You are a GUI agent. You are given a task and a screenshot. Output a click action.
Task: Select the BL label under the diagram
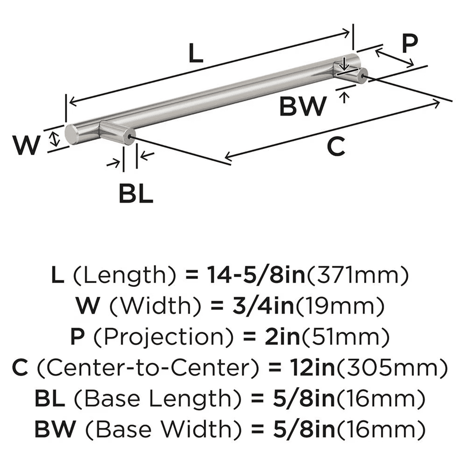point(135,193)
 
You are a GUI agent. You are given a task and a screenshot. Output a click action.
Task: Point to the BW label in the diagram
point(303,106)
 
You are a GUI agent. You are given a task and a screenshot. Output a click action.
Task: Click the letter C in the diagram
point(335,147)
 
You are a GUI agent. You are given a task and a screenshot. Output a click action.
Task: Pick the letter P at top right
point(409,44)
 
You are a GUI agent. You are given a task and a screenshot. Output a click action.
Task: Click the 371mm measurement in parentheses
point(357,277)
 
